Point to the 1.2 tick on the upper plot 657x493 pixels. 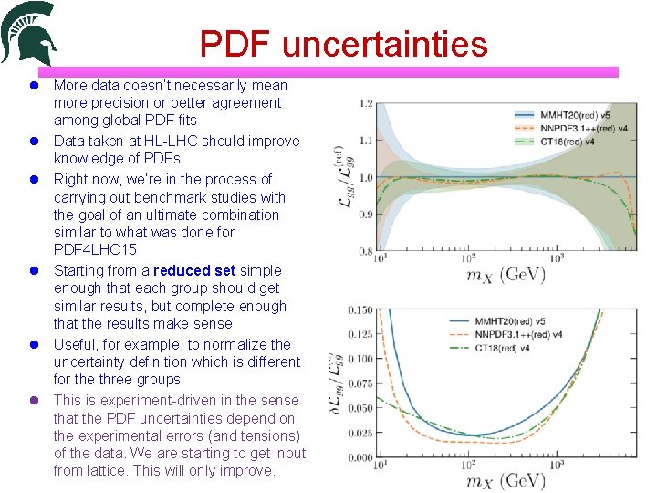tap(366, 102)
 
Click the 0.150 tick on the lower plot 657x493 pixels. tap(360, 309)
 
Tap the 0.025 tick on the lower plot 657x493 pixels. tap(360, 433)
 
